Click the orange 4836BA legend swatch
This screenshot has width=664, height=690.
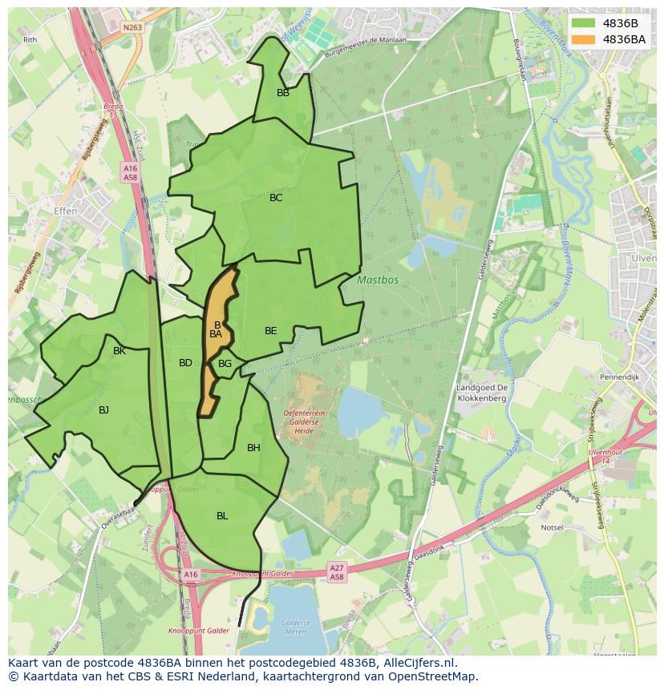584,39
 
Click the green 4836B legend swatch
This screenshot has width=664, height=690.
584,23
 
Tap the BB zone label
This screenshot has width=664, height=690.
283,93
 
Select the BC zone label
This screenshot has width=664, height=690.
276,198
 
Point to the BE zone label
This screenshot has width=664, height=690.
271,331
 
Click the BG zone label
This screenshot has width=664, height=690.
225,364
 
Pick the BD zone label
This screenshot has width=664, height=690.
185,363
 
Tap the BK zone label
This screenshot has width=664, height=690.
119,351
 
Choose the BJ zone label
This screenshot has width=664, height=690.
103,410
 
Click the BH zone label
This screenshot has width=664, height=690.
253,448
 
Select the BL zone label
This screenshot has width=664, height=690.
222,516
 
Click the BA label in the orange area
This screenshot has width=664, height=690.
215,334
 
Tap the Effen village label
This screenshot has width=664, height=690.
65,211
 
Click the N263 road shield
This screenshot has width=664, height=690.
132,27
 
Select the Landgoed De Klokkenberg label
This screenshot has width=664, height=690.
481,393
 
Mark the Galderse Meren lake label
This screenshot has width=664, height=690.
295,627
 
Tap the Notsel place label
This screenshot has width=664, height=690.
551,528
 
